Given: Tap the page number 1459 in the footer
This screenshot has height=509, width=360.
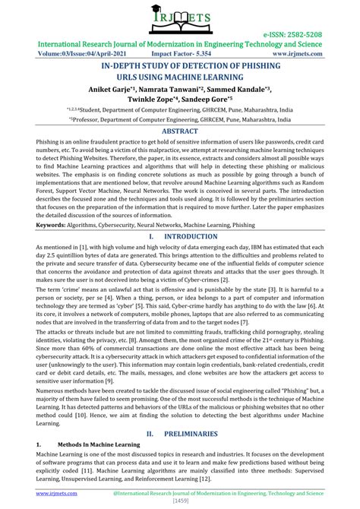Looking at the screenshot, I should (180, 502).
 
